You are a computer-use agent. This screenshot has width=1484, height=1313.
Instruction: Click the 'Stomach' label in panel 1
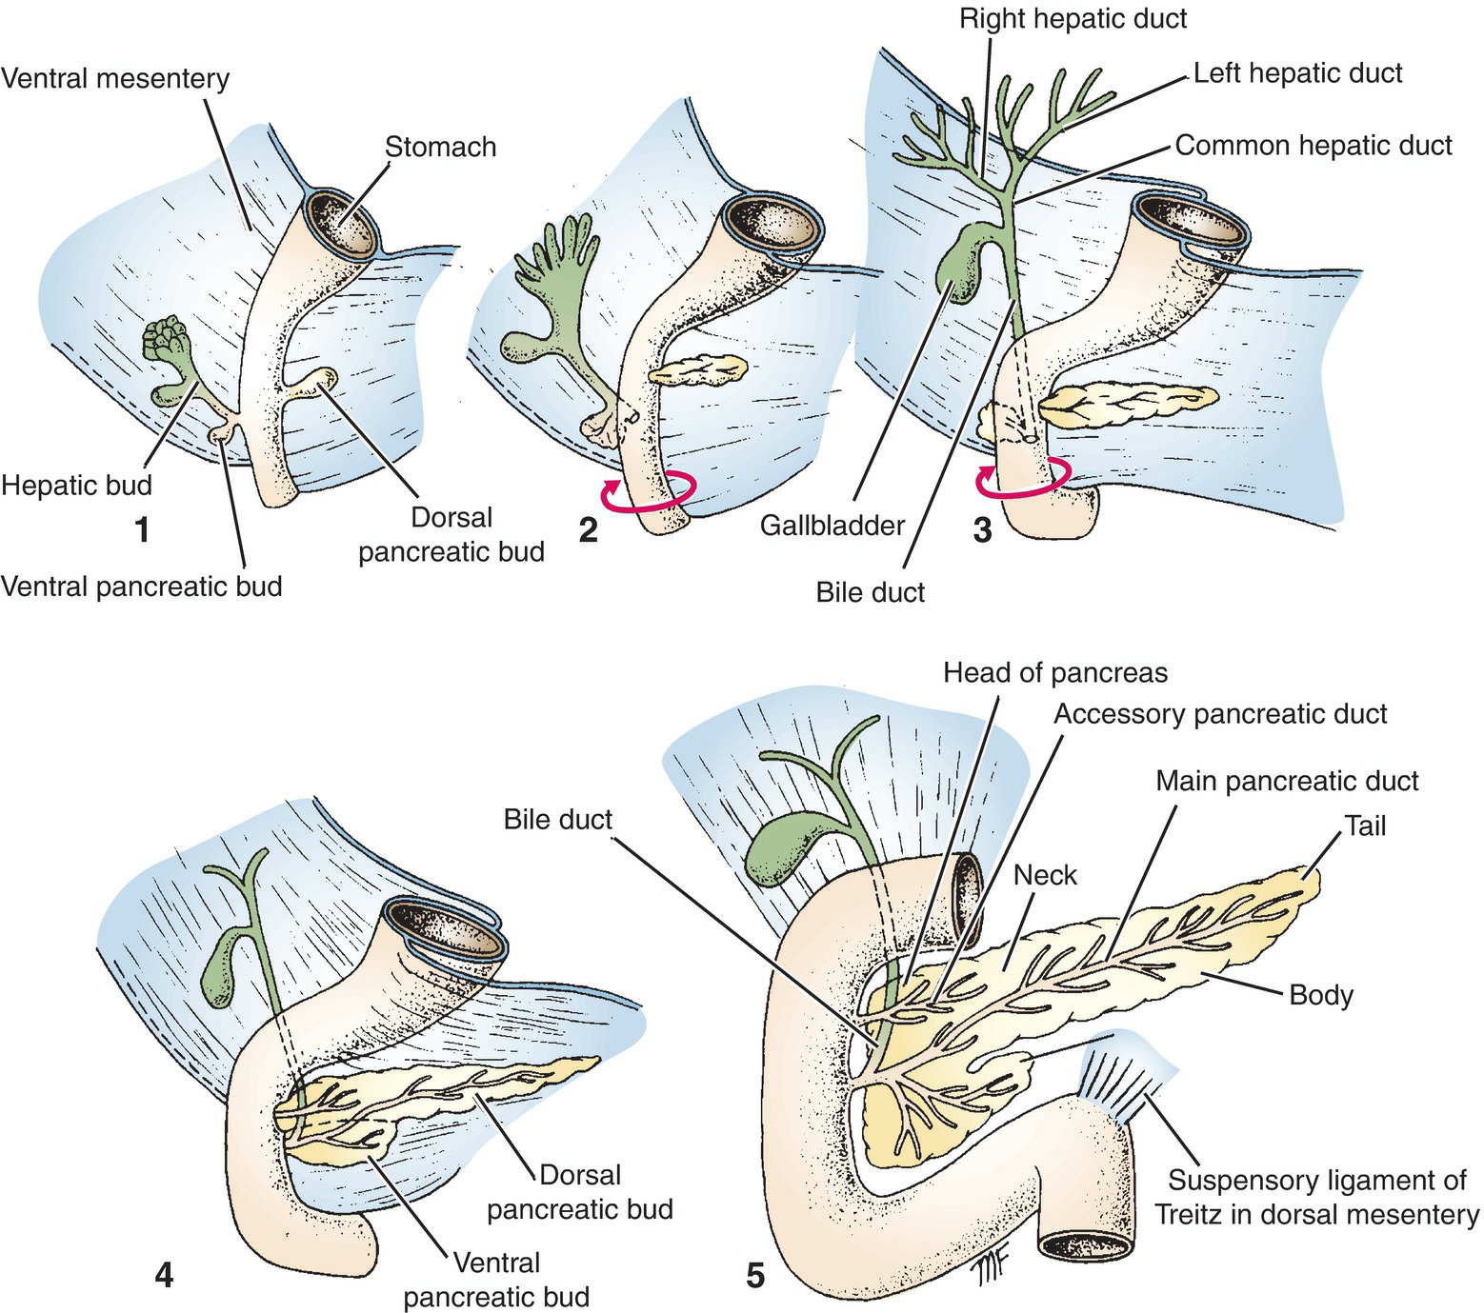tap(440, 147)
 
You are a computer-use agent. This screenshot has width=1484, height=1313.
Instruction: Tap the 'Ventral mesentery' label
tap(115, 78)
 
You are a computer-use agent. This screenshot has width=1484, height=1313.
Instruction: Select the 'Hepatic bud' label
tap(76, 485)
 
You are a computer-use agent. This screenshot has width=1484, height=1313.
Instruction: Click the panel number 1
tap(142, 529)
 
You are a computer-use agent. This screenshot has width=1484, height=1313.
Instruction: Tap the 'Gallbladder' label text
tap(832, 525)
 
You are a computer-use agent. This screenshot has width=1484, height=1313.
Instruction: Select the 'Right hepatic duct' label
tap(1073, 18)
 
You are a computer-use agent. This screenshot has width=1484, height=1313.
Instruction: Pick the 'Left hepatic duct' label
tap(1297, 73)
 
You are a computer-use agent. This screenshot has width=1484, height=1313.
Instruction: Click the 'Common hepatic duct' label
tap(1313, 145)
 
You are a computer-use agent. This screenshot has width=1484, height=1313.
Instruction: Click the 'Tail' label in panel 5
tap(1364, 826)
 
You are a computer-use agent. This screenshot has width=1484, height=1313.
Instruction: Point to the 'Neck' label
tap(1045, 874)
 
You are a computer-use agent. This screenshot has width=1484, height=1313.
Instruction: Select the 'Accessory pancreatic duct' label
tap(1219, 713)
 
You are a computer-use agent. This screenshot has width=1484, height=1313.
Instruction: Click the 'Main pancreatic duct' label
tap(1286, 781)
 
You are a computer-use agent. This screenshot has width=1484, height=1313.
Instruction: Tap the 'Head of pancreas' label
tap(1054, 672)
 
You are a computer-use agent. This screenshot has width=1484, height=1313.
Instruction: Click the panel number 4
tap(164, 1273)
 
